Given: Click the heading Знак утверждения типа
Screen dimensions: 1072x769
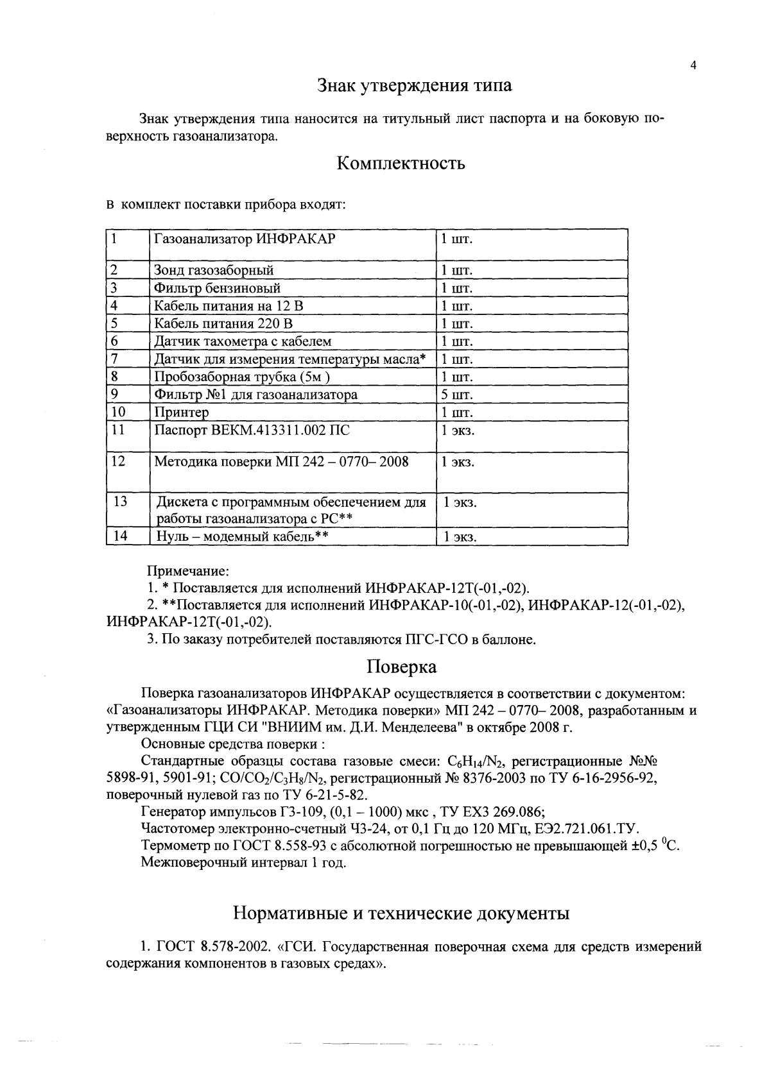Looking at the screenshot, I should tap(415, 85).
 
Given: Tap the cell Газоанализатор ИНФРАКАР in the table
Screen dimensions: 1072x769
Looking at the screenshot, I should tap(245, 239).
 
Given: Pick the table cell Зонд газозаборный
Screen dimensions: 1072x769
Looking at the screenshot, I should tap(214, 270).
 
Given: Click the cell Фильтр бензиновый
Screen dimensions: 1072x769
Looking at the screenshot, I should tap(217, 288).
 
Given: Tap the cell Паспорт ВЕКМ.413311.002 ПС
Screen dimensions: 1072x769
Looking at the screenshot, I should tap(252, 430).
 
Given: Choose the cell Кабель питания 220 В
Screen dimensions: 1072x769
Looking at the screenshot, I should tap(225, 323).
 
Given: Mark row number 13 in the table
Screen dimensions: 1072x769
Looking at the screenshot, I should tap(120, 502).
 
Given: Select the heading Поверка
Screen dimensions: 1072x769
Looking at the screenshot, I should tap(402, 667).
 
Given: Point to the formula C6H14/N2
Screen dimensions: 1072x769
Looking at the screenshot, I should tap(474, 762).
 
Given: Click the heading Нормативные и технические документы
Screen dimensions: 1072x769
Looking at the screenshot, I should tap(401, 913).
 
